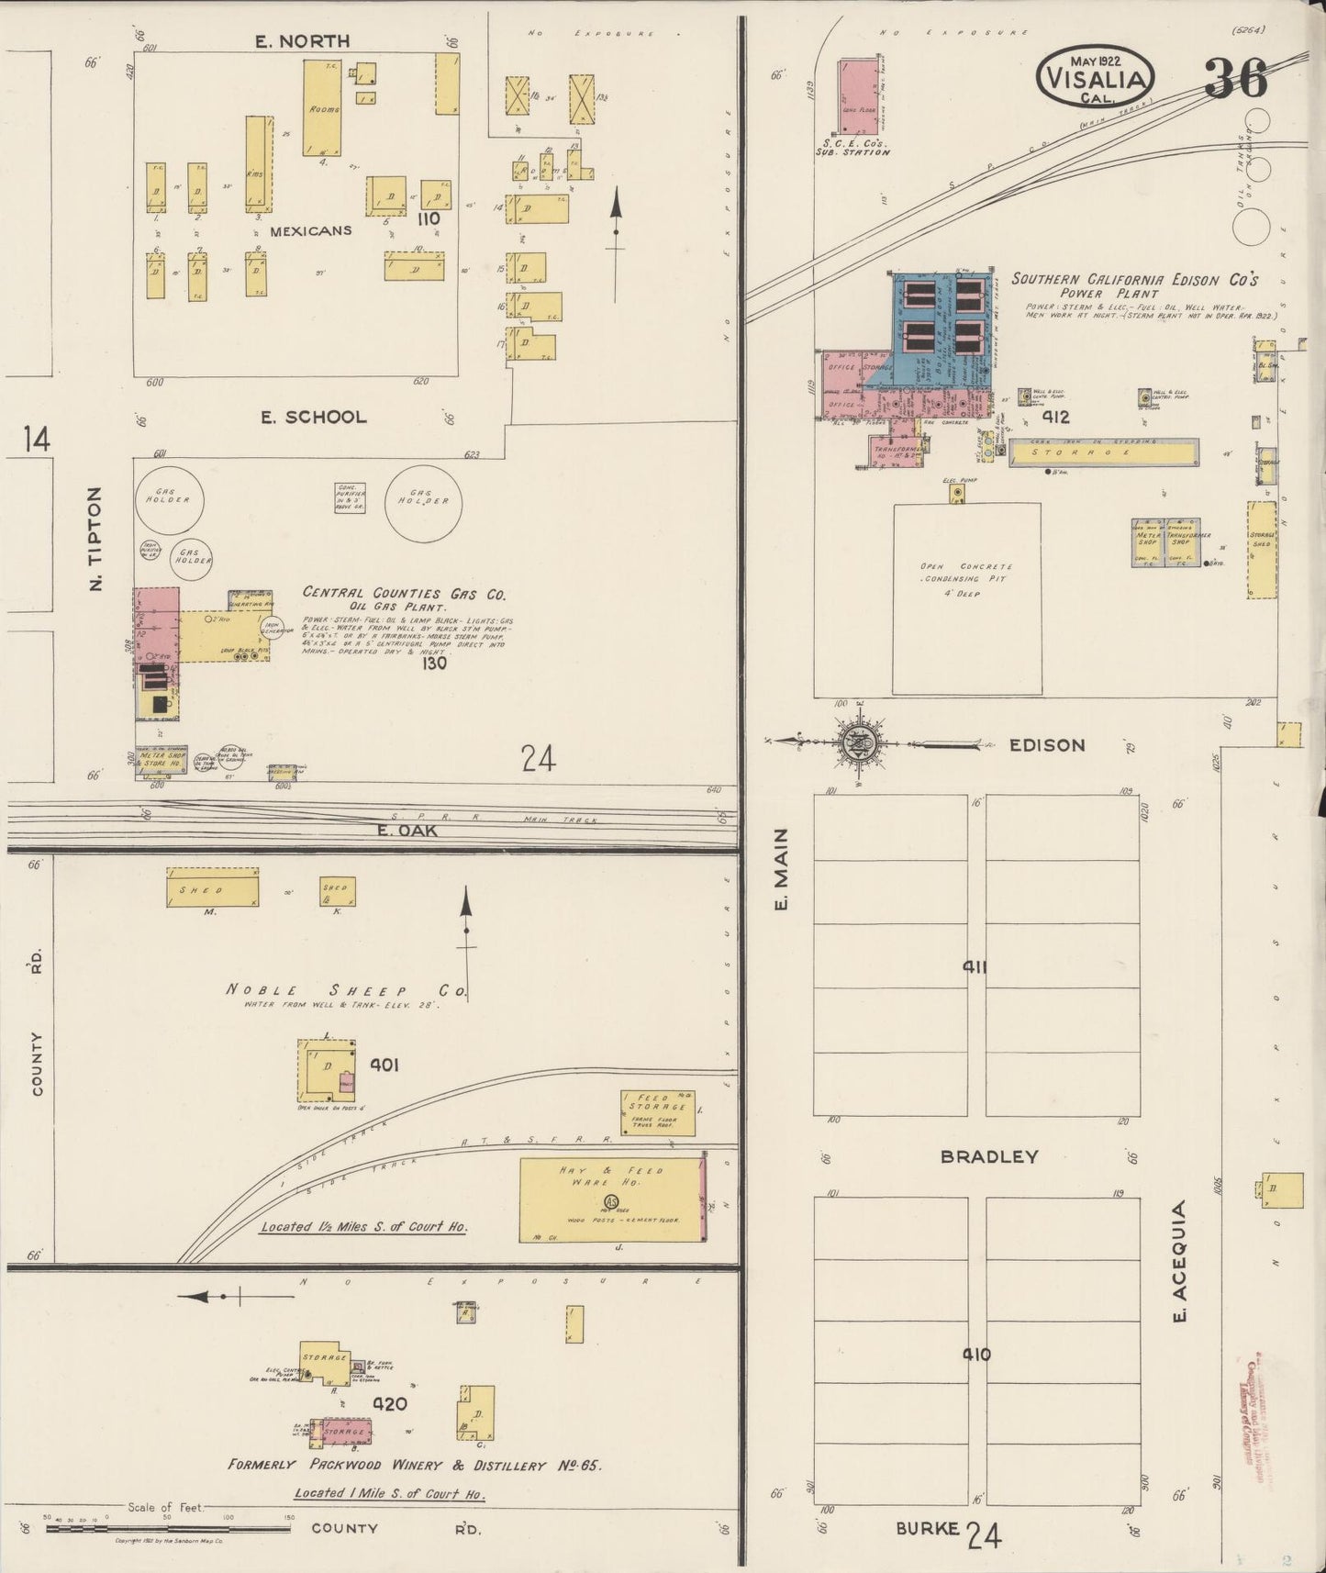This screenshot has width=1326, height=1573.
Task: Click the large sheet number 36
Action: (x=1235, y=77)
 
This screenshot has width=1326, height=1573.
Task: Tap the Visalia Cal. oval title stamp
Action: (x=1094, y=75)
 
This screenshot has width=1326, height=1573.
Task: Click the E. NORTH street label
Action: (x=302, y=41)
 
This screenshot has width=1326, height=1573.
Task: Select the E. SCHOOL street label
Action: (x=313, y=417)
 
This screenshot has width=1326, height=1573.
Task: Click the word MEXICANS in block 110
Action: (x=310, y=230)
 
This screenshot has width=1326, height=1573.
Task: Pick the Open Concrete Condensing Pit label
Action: (x=966, y=580)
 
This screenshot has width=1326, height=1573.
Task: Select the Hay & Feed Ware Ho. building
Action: (x=611, y=1200)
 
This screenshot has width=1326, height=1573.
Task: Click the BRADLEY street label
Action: (x=988, y=1156)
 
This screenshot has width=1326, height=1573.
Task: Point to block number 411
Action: (x=975, y=966)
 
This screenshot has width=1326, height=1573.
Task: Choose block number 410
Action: (x=975, y=1354)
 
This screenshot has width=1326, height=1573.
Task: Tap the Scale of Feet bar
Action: (x=167, y=1528)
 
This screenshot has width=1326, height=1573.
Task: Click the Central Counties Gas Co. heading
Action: (x=404, y=593)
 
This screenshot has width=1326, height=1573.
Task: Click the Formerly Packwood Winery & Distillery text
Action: (x=415, y=1466)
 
